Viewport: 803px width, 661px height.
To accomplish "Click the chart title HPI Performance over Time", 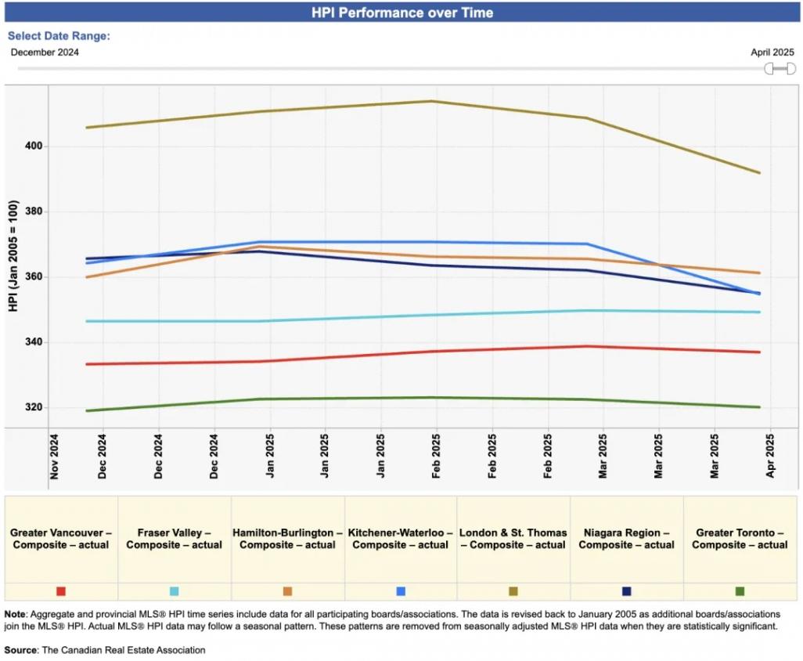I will pyautogui.click(x=402, y=13).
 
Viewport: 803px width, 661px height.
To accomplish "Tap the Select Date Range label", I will pyautogui.click(x=59, y=36).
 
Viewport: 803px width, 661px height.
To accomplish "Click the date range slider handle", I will pyautogui.click(x=780, y=69).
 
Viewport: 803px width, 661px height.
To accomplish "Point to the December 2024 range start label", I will pyautogui.click(x=45, y=52).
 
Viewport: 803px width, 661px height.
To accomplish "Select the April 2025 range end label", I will pyautogui.click(x=772, y=52).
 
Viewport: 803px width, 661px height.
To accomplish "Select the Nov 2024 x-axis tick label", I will pyautogui.click(x=54, y=456).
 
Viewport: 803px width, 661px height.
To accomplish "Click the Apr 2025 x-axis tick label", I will pyautogui.click(x=770, y=456).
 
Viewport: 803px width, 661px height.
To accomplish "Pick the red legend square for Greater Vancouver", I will pyautogui.click(x=61, y=591).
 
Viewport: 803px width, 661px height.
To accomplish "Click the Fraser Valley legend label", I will pyautogui.click(x=174, y=539).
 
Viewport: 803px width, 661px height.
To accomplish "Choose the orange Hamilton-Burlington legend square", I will pyautogui.click(x=287, y=591).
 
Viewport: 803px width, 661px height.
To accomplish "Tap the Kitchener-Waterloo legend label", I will pyautogui.click(x=400, y=539).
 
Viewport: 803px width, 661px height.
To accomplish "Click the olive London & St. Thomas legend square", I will pyautogui.click(x=513, y=591).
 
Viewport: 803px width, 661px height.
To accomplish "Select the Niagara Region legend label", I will pyautogui.click(x=626, y=539).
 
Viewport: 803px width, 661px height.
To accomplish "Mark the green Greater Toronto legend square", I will pyautogui.click(x=740, y=591).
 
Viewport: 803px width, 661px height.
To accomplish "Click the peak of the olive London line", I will pyautogui.click(x=433, y=101).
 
